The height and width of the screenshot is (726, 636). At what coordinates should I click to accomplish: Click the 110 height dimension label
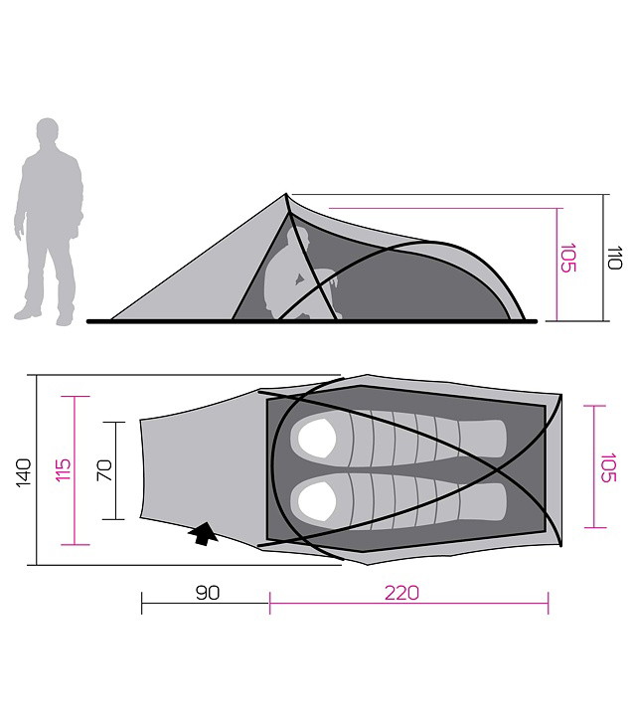[x=615, y=258]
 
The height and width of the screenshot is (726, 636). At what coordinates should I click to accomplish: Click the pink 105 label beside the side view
[x=568, y=258]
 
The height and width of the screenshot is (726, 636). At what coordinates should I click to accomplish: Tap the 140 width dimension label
[x=24, y=472]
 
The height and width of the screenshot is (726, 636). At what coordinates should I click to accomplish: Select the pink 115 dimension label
[x=63, y=469]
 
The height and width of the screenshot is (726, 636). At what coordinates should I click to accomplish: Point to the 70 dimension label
[x=104, y=469]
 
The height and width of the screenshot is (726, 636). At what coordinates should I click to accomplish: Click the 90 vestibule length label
[x=208, y=593]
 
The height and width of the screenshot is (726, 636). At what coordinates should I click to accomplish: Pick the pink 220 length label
[x=401, y=593]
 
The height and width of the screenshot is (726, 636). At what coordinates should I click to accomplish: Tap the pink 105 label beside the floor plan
[x=608, y=467]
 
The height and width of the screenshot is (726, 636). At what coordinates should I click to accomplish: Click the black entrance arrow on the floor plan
[x=203, y=534]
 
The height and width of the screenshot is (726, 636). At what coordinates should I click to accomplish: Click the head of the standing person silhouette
[x=47, y=132]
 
